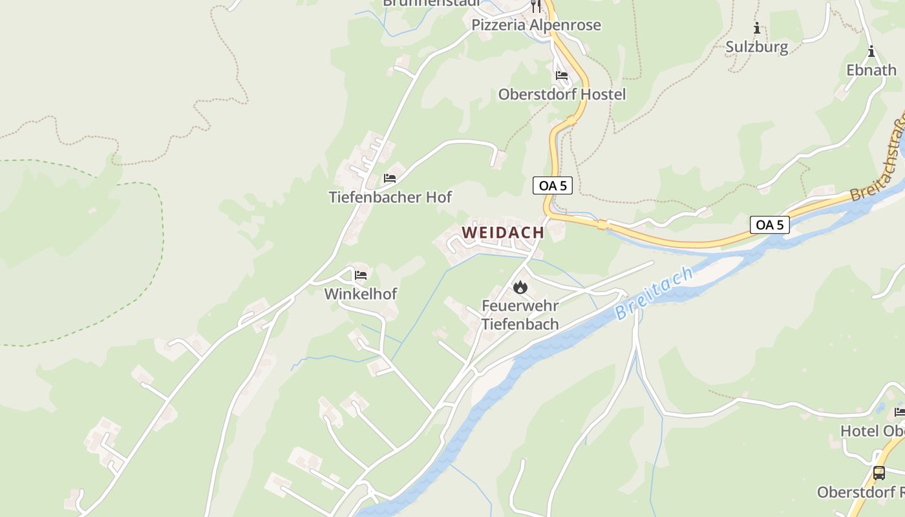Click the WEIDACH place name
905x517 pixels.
[503, 233]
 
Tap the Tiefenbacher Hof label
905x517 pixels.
[390, 197]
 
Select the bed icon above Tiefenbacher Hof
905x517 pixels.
[390, 178]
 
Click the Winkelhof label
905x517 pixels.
[360, 293]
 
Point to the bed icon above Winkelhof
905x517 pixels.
[361, 275]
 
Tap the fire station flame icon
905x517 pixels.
[520, 287]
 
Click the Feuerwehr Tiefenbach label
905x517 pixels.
[520, 315]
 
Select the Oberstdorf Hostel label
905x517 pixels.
[562, 94]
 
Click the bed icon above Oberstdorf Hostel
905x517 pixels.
[562, 76]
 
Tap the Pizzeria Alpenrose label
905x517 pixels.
[536, 25]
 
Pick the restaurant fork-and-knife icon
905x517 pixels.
[535, 6]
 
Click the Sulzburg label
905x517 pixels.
[756, 47]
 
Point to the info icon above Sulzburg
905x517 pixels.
[756, 28]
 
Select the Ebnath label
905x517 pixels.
[871, 70]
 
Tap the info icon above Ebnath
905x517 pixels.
[871, 52]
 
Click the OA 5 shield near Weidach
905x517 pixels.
[553, 185]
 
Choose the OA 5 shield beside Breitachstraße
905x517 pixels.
[769, 225]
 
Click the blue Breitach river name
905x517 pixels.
[654, 293]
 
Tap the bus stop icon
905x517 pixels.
[879, 472]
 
